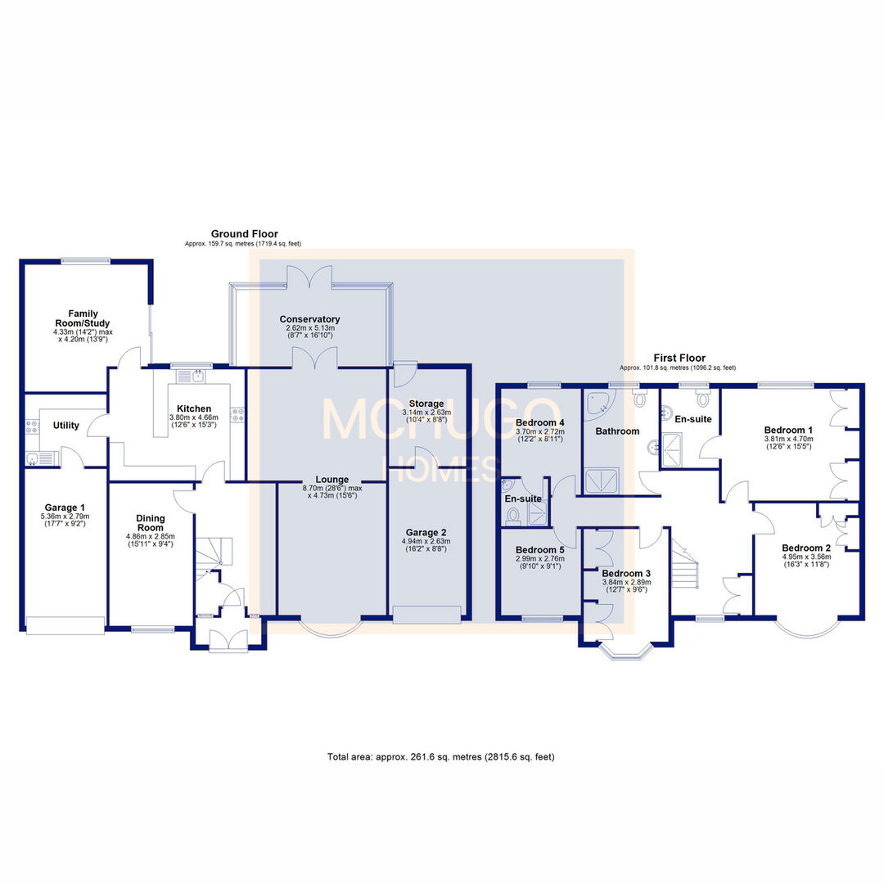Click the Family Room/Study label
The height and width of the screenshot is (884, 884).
tap(82, 318)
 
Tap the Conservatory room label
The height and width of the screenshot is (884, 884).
tap(309, 319)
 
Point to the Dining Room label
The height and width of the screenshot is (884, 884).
tap(150, 523)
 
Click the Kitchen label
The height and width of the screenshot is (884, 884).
tap(194, 408)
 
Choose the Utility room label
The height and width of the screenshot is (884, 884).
tap(65, 426)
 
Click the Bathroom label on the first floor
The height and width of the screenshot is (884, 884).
tap(617, 431)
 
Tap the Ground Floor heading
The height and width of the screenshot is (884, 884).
tap(244, 234)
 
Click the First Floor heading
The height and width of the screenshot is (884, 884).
tap(679, 359)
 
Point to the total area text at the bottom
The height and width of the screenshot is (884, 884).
tap(441, 756)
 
